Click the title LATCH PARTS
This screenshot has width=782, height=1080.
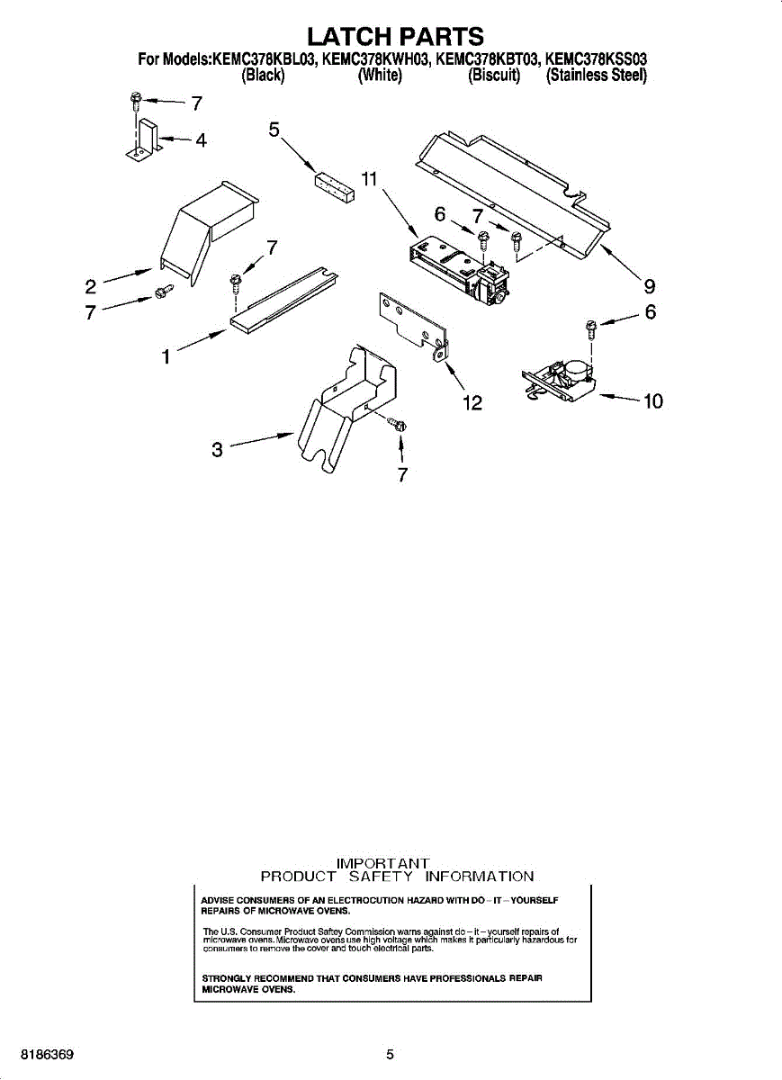tap(395, 36)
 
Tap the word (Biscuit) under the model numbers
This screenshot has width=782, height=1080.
tap(494, 76)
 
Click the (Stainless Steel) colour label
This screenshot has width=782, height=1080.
tap(597, 76)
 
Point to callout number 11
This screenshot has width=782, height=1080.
tap(368, 179)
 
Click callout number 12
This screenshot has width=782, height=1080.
tap(472, 403)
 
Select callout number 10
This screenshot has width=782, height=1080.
tap(652, 400)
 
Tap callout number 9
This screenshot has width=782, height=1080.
tap(648, 287)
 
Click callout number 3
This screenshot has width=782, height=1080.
tap(217, 448)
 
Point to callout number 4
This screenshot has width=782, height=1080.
tap(201, 140)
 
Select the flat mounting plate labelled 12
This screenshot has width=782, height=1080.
tap(410, 324)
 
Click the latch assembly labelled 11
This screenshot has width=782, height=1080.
tap(454, 265)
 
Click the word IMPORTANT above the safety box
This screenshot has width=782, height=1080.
tap(382, 863)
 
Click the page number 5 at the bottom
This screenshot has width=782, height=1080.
tap(390, 1054)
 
